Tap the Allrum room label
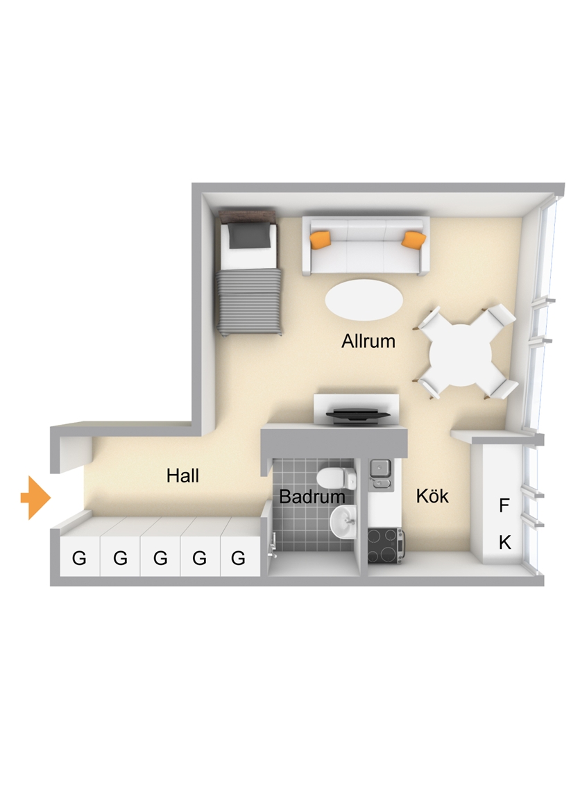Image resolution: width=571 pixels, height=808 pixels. (368, 341)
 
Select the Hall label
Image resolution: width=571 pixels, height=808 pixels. (182, 475)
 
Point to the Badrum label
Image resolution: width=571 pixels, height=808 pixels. (312, 497)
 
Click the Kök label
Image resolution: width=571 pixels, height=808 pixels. (432, 495)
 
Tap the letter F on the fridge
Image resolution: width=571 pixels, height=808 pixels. (504, 505)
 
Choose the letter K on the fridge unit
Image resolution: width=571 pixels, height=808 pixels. (505, 542)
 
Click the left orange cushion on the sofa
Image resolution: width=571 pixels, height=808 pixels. (321, 239)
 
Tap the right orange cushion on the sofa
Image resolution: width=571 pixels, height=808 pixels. (414, 239)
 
